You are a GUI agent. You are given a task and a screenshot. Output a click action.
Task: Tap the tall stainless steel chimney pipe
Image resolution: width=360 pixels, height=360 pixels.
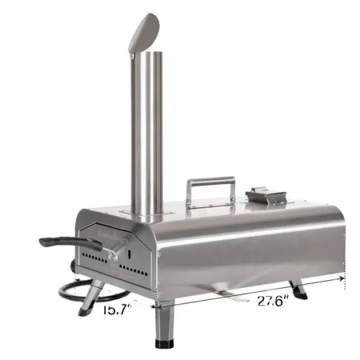(x=147, y=131)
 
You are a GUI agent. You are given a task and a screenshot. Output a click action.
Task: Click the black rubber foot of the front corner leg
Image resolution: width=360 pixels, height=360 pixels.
(x=163, y=342)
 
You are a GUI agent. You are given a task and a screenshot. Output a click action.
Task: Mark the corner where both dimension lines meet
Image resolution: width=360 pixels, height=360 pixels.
(x=155, y=304)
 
